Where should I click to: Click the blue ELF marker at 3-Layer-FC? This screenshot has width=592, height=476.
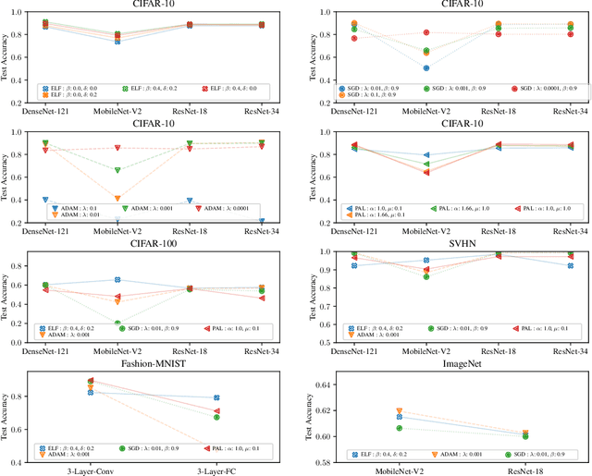pyautogui.click(x=216, y=397)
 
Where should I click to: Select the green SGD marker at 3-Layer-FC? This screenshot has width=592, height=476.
pyautogui.click(x=216, y=417)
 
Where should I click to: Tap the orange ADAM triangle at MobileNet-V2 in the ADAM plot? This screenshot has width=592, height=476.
pyautogui.click(x=117, y=199)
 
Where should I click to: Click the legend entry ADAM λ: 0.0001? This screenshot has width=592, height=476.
pyautogui.click(x=227, y=210)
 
